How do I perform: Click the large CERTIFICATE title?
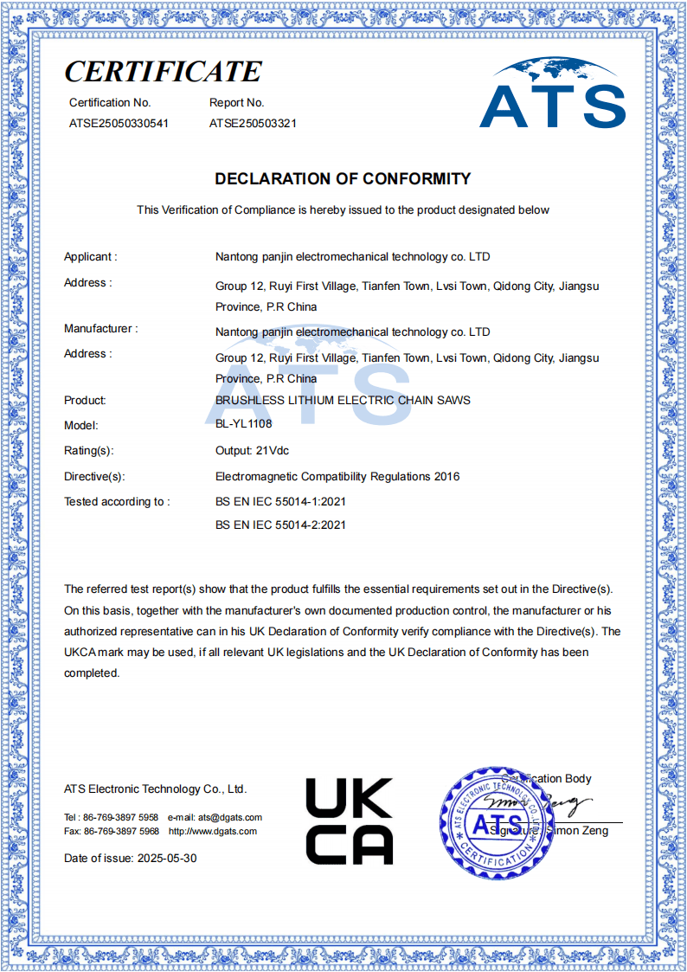[163, 71]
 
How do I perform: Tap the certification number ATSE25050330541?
[119, 123]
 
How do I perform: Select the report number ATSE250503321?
[253, 123]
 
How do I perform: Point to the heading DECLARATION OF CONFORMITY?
[343, 179]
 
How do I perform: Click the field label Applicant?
[90, 256]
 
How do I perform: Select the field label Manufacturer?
[100, 329]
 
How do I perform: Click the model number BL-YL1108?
[243, 425]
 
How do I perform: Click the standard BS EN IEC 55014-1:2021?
[280, 501]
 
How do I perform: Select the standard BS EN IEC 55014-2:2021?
[280, 525]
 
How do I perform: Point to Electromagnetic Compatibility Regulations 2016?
[337, 476]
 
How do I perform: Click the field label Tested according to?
[117, 501]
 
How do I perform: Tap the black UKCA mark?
[349, 821]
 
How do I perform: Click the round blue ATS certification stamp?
[495, 821]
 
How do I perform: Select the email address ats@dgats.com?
[229, 817]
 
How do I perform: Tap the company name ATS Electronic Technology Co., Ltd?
[155, 789]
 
